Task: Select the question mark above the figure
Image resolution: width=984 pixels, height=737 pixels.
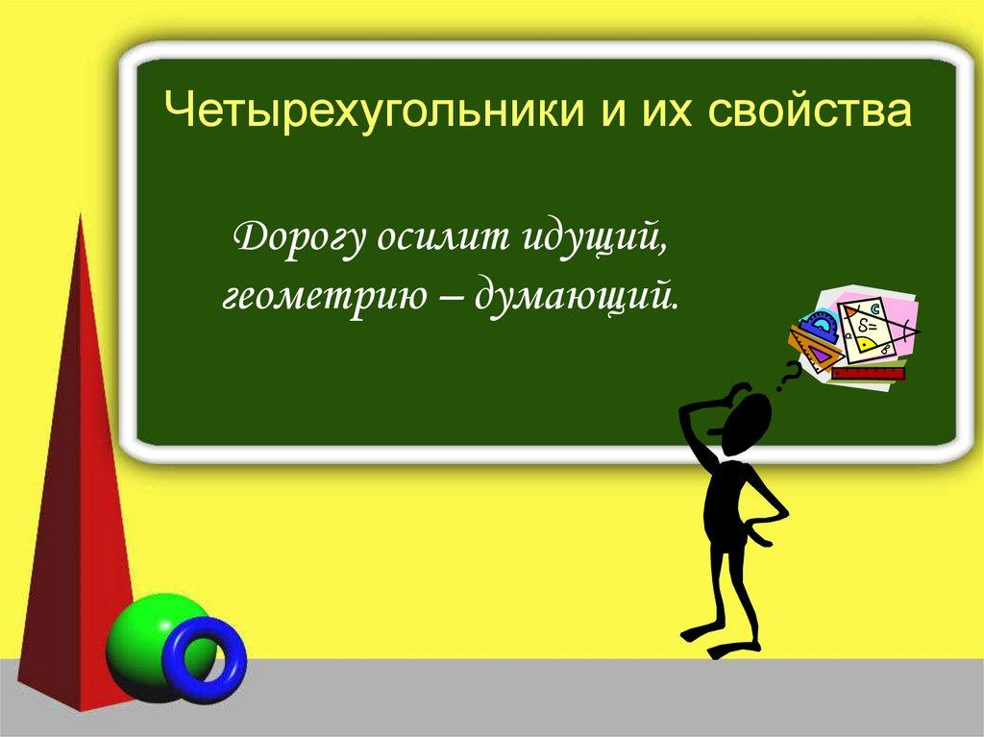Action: [x=788, y=377]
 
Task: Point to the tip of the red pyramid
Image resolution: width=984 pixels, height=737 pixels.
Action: [x=80, y=215]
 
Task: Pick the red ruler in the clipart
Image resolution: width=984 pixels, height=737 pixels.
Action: [x=869, y=375]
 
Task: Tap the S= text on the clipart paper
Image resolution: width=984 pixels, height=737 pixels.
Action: [x=869, y=326]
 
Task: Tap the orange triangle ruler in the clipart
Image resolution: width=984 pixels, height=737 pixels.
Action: [x=816, y=353]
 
